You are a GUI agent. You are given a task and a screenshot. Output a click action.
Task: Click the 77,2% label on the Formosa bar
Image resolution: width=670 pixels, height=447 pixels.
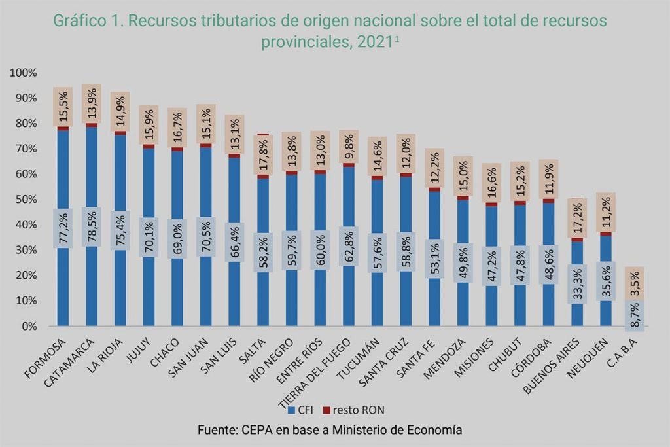[63, 227]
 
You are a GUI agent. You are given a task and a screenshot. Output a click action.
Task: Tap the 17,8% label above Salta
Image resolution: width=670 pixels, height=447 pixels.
[264, 154]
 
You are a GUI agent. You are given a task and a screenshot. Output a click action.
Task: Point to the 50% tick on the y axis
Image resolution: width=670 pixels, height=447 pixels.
[29, 200]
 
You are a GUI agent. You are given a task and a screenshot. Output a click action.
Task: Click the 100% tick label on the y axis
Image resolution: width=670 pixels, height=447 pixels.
[26, 73]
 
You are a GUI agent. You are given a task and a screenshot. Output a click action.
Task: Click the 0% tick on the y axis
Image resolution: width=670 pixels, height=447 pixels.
[31, 326]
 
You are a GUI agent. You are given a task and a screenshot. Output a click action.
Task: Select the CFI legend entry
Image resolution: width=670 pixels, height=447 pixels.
[300, 410]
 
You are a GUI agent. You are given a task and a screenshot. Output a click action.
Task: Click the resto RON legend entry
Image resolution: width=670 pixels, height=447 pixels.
[354, 410]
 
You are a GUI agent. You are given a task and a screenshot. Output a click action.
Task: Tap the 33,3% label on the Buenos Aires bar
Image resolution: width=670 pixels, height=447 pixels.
[578, 284]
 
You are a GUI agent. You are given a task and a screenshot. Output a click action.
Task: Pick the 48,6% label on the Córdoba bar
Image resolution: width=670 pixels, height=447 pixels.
[549, 265]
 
